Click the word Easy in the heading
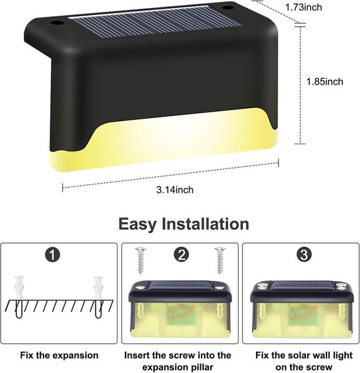click(144, 224)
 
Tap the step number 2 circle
click(182, 254)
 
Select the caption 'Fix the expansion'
click(60, 355)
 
